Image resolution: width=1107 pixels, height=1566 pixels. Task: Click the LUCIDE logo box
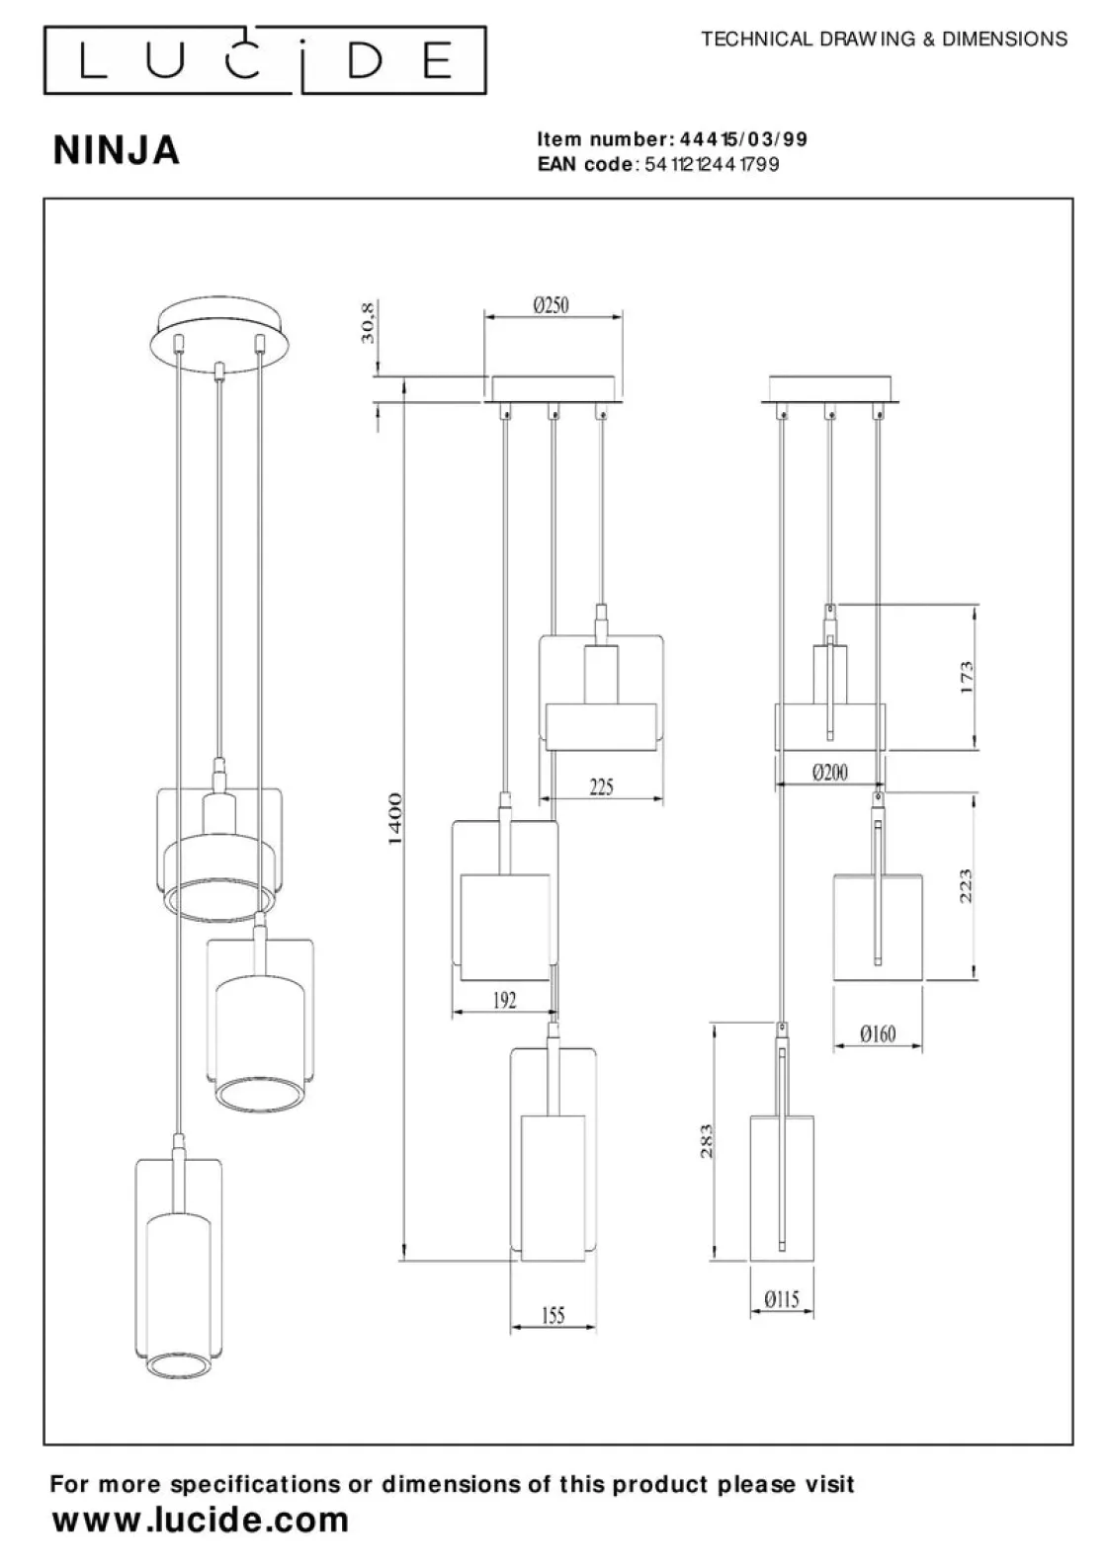pyautogui.click(x=265, y=60)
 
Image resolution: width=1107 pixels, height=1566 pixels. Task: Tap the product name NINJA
pyautogui.click(x=117, y=150)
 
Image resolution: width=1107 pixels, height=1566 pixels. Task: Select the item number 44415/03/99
pyautogui.click(x=743, y=139)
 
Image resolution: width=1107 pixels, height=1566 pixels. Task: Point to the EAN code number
pyautogui.click(x=712, y=164)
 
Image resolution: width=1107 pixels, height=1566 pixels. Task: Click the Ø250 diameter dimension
pyautogui.click(x=551, y=305)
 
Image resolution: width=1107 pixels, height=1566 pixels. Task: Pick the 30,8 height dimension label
pyautogui.click(x=368, y=323)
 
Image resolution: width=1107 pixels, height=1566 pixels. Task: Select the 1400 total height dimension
pyautogui.click(x=394, y=818)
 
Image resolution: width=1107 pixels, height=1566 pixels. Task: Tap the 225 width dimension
pyautogui.click(x=601, y=786)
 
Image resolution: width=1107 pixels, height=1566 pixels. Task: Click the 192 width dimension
pyautogui.click(x=504, y=1000)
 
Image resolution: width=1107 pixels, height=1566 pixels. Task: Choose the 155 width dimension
pyautogui.click(x=553, y=1315)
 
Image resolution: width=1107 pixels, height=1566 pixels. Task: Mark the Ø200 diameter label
pyautogui.click(x=829, y=773)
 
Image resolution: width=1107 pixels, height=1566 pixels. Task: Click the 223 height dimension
pyautogui.click(x=967, y=885)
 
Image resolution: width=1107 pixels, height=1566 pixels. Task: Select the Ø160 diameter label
pyautogui.click(x=877, y=1033)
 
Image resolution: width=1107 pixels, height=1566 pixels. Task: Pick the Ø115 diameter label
pyautogui.click(x=781, y=1299)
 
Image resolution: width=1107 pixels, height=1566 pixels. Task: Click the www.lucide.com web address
pyautogui.click(x=201, y=1520)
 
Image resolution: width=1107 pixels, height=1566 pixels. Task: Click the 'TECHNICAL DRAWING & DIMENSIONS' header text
pyautogui.click(x=884, y=40)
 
